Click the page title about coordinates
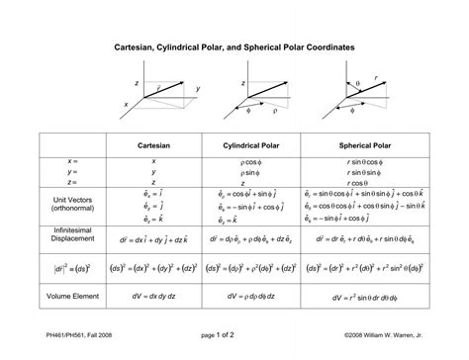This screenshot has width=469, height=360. [x=234, y=47]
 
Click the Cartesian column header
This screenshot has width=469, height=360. [x=154, y=144]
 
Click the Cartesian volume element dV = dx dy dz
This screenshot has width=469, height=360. [x=154, y=294]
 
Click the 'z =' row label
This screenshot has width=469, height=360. [x=72, y=182]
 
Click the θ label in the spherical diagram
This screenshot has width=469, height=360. [x=357, y=85]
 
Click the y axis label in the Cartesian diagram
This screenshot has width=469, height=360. [x=198, y=90]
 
